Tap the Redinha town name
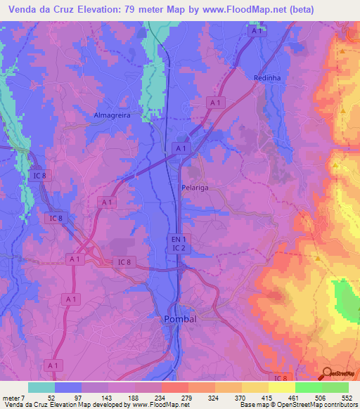pos(268,77)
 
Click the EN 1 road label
pos(179,240)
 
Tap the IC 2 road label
pos(179,249)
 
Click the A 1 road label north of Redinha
pos(257,32)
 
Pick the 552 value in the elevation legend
pos(347,398)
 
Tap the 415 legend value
pos(284,398)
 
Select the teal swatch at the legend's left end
pos(41,387)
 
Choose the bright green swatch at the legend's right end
pos(335,387)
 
